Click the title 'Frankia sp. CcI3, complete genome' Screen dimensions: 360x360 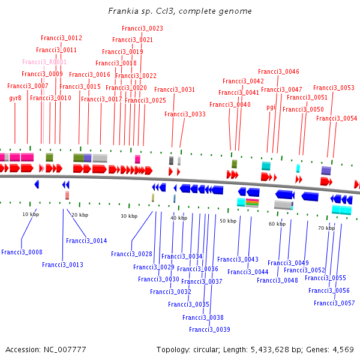180,11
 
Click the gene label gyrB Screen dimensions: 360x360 15,98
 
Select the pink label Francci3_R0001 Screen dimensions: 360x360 44,62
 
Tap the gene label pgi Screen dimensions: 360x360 271,107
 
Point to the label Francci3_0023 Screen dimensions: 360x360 142,28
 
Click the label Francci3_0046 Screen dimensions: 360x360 282,71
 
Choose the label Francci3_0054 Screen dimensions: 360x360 337,118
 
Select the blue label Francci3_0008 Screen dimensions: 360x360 22,252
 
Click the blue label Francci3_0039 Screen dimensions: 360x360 209,329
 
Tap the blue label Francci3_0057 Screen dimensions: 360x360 334,303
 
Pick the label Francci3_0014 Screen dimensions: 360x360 86,241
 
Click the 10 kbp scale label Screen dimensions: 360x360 31,214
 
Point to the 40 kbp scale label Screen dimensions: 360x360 178,218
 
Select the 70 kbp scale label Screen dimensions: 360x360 326,228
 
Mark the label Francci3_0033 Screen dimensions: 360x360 185,114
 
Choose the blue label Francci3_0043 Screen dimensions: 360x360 238,259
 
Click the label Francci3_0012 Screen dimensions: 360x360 61,38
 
